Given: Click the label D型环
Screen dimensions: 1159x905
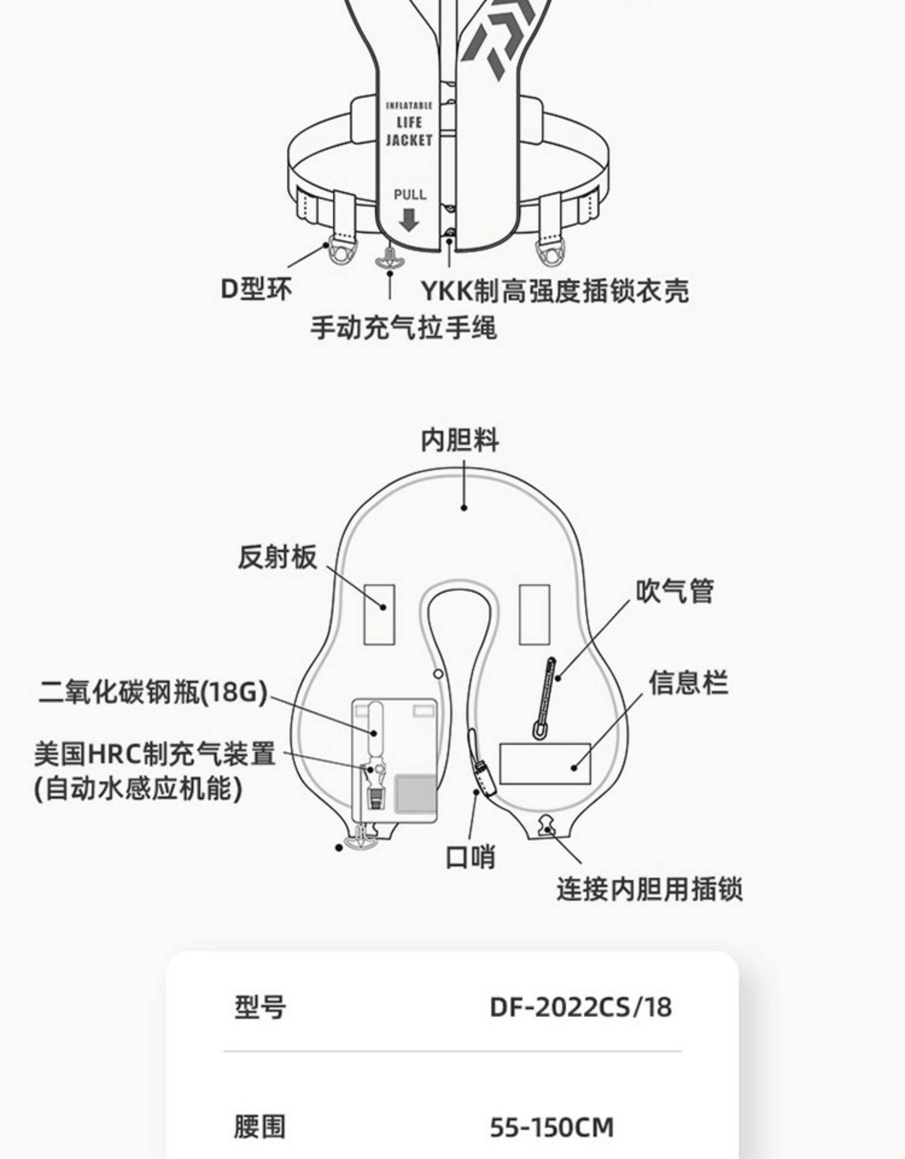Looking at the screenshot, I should pyautogui.click(x=256, y=289).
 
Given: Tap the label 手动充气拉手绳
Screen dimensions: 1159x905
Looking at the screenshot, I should pyautogui.click(x=403, y=328).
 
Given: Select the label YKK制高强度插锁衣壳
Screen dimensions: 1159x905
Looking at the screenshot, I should pyautogui.click(x=554, y=291).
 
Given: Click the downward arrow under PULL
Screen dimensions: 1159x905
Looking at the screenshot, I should pyautogui.click(x=409, y=220).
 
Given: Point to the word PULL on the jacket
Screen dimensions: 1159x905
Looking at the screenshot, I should pyautogui.click(x=410, y=194).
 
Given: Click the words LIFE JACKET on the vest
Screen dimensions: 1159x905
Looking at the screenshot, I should pyautogui.click(x=409, y=131).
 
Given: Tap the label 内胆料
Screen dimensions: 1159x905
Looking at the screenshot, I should pyautogui.click(x=460, y=439).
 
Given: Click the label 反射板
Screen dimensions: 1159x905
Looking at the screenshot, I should pyautogui.click(x=277, y=557).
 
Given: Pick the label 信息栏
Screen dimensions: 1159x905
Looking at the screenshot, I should pyautogui.click(x=688, y=683).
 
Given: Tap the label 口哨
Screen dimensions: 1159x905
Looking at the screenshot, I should pyautogui.click(x=470, y=857).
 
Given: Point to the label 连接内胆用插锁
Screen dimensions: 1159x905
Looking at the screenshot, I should pyautogui.click(x=649, y=889).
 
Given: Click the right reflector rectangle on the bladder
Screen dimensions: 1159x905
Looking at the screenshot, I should pyautogui.click(x=535, y=614).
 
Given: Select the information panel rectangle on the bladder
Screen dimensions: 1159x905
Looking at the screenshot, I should pyautogui.click(x=545, y=764).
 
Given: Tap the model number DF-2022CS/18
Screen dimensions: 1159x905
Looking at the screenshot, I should pyautogui.click(x=580, y=1007).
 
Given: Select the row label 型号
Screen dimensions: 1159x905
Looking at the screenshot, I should pyautogui.click(x=260, y=1007).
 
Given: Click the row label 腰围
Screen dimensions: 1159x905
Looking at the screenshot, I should pyautogui.click(x=259, y=1126).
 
